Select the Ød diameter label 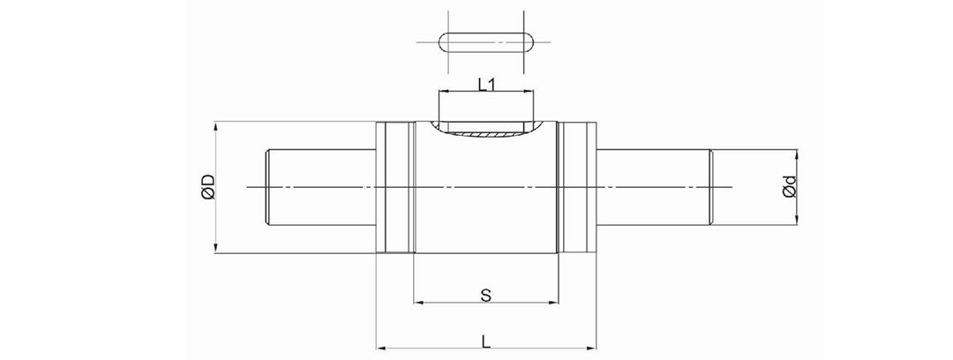[790, 187]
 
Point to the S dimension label [485, 296]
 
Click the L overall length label [486, 341]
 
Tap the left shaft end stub [321, 187]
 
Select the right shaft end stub [655, 187]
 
